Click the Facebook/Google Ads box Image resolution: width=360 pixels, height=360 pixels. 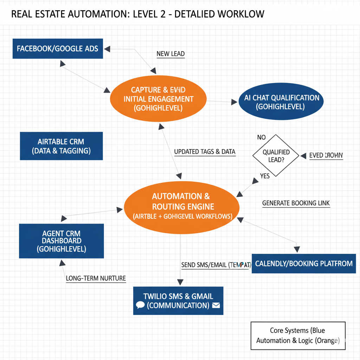[x=58, y=49]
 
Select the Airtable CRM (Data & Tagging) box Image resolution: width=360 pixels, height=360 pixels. [x=61, y=146]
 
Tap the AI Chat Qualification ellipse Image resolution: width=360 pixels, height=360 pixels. [x=281, y=102]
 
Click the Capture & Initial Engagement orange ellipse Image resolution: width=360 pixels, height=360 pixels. [x=158, y=99]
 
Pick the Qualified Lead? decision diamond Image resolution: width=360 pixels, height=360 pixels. [x=276, y=155]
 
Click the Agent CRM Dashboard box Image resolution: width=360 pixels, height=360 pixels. [x=61, y=241]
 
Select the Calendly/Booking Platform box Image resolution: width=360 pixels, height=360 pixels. [x=304, y=263]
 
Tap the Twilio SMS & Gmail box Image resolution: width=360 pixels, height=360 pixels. [x=178, y=301]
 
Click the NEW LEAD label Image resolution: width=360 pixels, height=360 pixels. [x=171, y=54]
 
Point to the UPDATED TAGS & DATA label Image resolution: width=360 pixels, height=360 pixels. [x=205, y=152]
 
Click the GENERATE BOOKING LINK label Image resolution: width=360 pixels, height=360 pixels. [x=296, y=203]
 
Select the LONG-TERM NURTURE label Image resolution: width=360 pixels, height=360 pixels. [x=96, y=278]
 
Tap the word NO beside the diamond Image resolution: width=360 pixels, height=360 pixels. [x=261, y=137]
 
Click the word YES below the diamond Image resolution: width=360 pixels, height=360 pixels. [x=265, y=176]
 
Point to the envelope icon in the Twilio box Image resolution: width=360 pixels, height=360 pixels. [x=216, y=305]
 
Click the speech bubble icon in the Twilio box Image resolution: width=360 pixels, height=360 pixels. [x=140, y=305]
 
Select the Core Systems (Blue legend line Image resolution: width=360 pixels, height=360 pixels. [x=297, y=330]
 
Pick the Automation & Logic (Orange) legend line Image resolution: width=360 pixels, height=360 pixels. [x=298, y=340]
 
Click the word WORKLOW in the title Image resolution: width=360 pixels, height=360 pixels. [x=241, y=14]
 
